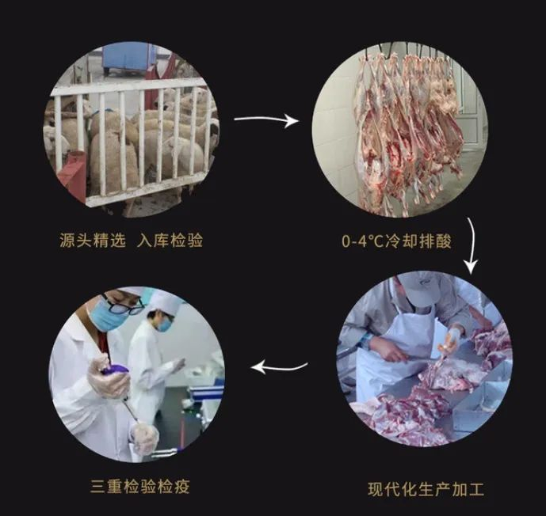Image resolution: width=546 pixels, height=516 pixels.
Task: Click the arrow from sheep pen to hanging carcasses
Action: [x=266, y=120]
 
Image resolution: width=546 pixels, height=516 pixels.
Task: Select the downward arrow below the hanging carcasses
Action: [x=474, y=245]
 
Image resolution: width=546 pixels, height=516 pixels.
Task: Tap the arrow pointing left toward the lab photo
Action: [x=279, y=367]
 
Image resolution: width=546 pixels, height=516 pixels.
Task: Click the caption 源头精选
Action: [x=92, y=241]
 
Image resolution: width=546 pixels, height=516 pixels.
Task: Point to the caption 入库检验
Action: [x=170, y=241]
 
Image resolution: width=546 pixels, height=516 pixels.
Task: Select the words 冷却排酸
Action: [x=418, y=241]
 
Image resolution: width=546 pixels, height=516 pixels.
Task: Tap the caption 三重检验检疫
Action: [x=140, y=486]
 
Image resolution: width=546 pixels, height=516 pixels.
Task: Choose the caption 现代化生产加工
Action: [x=426, y=489]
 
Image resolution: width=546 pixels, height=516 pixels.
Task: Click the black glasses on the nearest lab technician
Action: [x=124, y=305]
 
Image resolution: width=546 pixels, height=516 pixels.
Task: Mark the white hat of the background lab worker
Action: [x=166, y=302]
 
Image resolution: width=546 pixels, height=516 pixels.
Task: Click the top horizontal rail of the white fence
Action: [x=129, y=86]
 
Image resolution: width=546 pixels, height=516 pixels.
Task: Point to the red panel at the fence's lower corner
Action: [x=72, y=176]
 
